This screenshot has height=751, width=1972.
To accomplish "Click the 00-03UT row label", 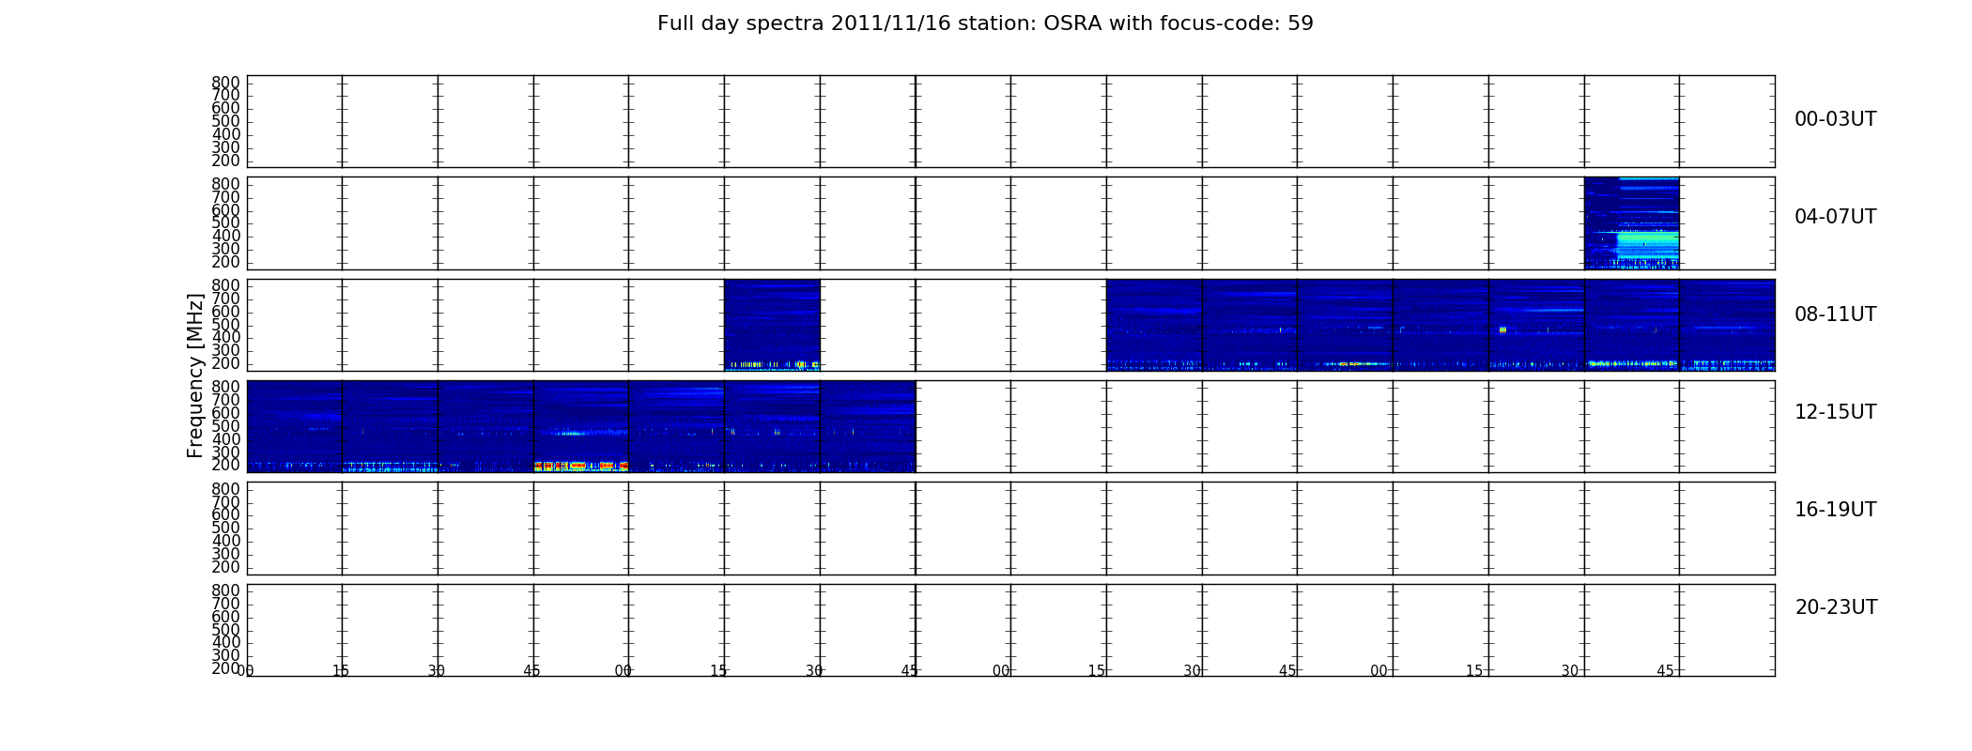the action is (1835, 119).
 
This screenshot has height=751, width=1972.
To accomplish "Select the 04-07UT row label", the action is (1835, 217).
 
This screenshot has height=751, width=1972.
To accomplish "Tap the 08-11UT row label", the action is (1835, 314).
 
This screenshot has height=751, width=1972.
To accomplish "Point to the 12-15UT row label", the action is (1835, 412).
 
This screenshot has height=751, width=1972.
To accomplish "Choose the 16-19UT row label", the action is (1835, 510).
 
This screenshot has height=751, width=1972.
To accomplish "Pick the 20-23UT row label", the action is (1836, 607).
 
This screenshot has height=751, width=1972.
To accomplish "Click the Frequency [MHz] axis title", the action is (195, 375).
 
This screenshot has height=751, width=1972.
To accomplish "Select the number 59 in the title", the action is (1301, 23).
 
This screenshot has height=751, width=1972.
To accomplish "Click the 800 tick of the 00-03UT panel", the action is (225, 83).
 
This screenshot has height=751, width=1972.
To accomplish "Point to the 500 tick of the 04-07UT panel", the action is (225, 223).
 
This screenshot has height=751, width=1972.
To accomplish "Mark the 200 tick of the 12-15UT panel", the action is (225, 466).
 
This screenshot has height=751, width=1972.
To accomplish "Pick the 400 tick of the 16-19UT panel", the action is (225, 541).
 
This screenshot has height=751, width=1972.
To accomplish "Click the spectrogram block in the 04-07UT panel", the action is (1631, 223).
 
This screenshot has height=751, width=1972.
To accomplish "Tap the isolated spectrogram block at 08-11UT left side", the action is (772, 325).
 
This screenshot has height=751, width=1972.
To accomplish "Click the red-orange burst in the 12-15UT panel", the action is (581, 466).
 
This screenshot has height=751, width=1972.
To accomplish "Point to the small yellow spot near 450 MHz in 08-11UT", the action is (1503, 330).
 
